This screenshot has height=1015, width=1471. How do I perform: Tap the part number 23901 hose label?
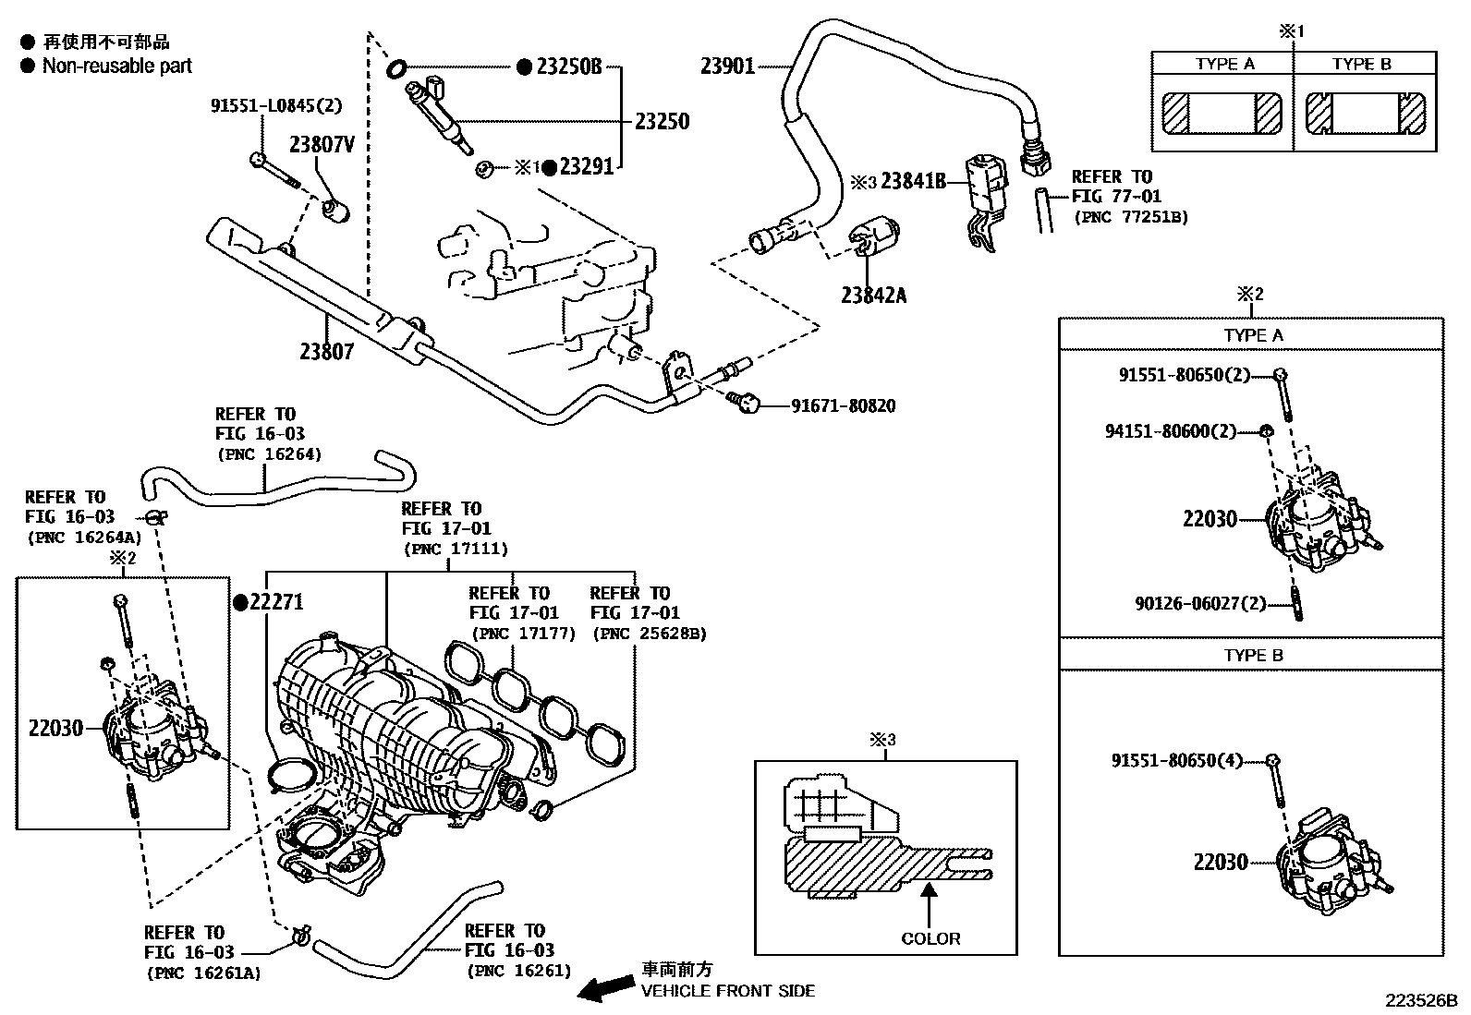pos(727,66)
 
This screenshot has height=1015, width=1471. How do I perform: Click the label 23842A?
pos(873,296)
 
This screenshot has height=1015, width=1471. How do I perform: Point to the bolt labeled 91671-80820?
pos(742,401)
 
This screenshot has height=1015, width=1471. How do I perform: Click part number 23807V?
pos(322,144)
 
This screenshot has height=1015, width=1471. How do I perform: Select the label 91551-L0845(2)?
pos(276,106)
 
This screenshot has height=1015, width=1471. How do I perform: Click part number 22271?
pos(276,602)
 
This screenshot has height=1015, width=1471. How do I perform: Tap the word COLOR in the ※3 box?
pos(930,938)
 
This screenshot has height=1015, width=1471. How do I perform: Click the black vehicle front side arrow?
pos(605,989)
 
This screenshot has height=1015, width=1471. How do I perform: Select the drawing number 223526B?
pos(1419,1000)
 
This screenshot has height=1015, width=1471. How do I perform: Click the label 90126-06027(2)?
pos(1200,604)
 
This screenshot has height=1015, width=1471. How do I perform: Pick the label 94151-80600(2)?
pos(1171,431)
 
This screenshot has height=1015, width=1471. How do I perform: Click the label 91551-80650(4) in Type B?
pos(1176,760)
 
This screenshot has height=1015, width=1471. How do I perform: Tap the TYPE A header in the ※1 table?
pos(1224,64)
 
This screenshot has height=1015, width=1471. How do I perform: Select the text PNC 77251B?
pos(1131,218)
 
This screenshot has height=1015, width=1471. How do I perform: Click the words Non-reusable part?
pos(117,66)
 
